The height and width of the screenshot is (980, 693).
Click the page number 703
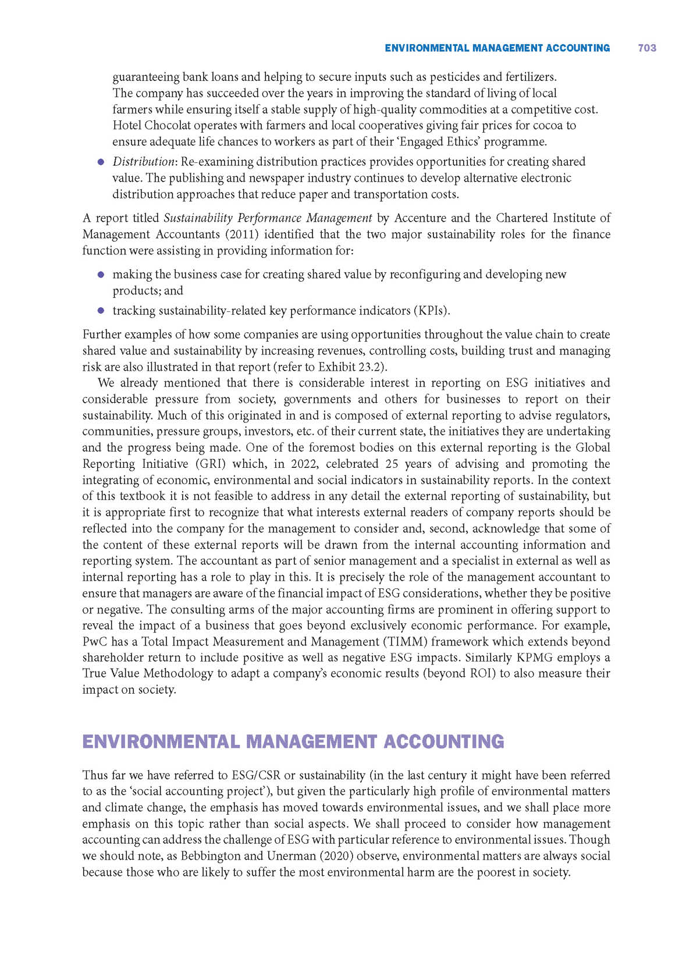coord(646,48)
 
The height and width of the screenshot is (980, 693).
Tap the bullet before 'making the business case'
coord(101,274)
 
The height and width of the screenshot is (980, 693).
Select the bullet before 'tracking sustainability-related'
coord(101,311)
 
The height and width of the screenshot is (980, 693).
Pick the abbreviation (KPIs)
coord(431,311)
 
